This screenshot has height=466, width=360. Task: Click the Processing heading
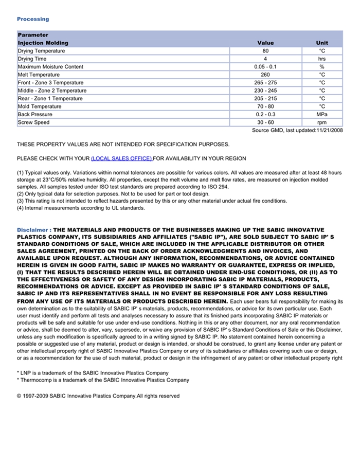(33, 19)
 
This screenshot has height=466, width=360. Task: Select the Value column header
(265, 43)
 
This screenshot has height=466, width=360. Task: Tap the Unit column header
(322, 43)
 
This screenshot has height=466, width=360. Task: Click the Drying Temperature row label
(41, 51)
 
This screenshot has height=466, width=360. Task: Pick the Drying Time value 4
(265, 59)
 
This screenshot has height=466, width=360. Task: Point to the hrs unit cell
(322, 59)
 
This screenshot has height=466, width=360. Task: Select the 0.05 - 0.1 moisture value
(265, 67)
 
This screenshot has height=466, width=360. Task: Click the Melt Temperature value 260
(265, 75)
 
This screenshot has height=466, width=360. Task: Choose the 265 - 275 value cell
(265, 83)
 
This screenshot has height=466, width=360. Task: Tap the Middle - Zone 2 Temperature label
(52, 91)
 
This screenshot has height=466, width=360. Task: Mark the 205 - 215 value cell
(265, 98)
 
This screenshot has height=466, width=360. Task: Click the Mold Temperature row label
(40, 106)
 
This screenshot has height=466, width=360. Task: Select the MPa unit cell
(322, 114)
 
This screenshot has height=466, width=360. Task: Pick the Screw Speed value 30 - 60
(265, 122)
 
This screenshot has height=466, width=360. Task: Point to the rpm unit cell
(322, 122)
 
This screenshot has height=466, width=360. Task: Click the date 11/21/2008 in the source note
(329, 131)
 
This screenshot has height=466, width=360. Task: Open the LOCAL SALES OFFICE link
(121, 158)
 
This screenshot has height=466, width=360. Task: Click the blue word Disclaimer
(32, 230)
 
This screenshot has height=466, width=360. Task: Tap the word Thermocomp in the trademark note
(35, 380)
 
